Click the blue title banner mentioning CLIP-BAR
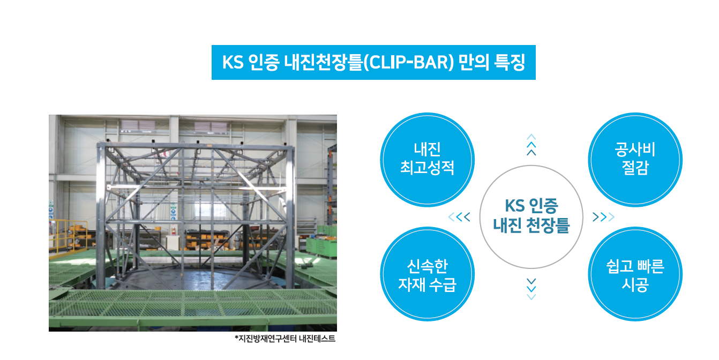point(373,62)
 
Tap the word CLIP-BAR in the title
point(409,62)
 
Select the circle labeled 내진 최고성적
point(427,160)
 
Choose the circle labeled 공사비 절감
point(635,160)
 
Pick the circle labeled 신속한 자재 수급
point(427,274)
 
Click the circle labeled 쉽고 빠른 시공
point(635,274)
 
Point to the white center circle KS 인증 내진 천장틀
point(531,217)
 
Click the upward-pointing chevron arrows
point(531,145)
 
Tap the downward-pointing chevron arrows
point(531,289)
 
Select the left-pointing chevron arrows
point(459,217)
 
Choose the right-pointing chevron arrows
point(603,217)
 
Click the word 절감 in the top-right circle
point(635,168)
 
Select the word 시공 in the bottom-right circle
point(635,284)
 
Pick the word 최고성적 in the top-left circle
point(427,168)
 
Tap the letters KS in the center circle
point(514,206)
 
